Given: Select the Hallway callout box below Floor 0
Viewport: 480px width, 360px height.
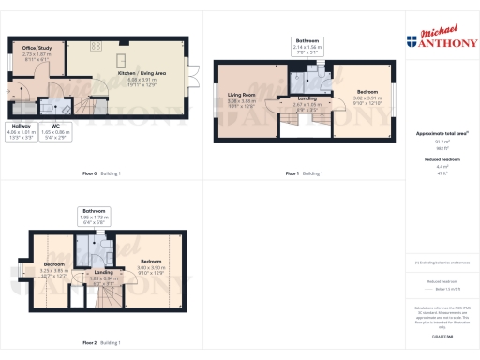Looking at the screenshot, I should coord(21,130).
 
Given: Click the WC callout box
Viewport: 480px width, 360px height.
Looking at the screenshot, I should coord(55,130).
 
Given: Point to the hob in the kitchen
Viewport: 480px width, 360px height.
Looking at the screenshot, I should coord(96,44).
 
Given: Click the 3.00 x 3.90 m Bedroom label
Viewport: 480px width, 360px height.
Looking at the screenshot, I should coord(152,265).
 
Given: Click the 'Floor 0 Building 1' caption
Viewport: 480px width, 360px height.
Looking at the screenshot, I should coord(101,173).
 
